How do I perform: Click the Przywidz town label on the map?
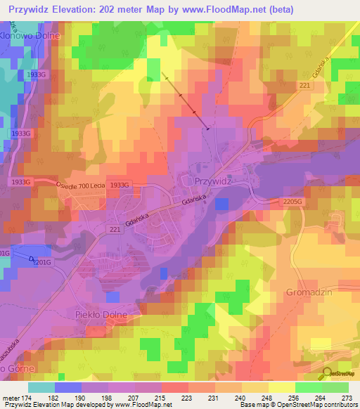(x=210, y=181)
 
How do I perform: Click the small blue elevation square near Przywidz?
(x=221, y=204)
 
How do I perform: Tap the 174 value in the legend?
(x=28, y=397)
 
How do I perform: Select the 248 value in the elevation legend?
(x=262, y=397)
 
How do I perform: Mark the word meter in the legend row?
(x=11, y=397)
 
